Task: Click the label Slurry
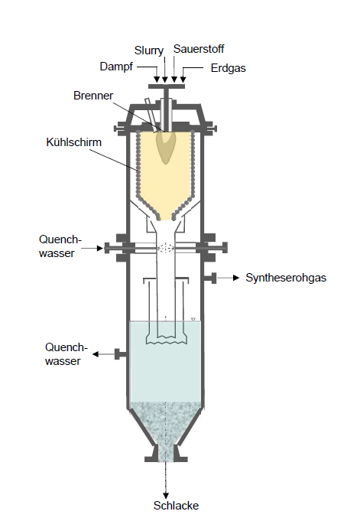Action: (x=149, y=50)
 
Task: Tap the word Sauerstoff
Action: (x=199, y=49)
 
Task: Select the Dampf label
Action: (x=116, y=67)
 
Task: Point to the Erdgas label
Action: (x=229, y=68)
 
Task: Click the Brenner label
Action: (x=93, y=96)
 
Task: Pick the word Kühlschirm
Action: (x=73, y=142)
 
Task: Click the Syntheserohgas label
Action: (x=286, y=278)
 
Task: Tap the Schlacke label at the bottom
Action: (x=176, y=506)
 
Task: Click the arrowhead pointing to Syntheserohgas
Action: (x=236, y=278)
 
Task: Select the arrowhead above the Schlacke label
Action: (x=166, y=496)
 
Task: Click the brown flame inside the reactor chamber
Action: (x=166, y=147)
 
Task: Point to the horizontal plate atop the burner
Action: (x=167, y=86)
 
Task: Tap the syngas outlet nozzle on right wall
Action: (x=210, y=278)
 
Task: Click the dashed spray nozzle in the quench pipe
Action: (x=166, y=248)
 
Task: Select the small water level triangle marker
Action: (x=193, y=319)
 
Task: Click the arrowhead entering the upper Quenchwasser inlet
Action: (x=99, y=248)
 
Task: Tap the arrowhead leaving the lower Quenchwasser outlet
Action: (x=96, y=354)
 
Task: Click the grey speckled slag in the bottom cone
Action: (x=166, y=425)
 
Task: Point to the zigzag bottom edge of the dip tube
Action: (x=166, y=341)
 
